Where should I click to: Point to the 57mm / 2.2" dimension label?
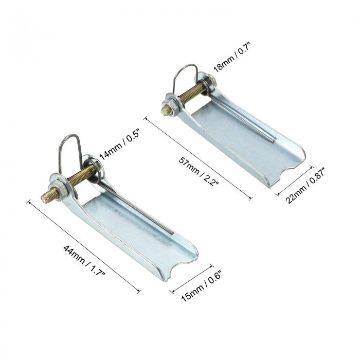[x=199, y=171]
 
